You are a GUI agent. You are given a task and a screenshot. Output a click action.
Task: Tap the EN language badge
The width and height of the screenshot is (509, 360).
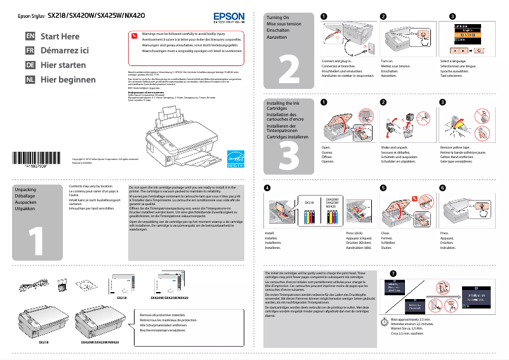tap(30, 37)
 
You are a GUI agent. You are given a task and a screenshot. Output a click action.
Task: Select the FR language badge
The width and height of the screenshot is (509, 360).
tap(30, 51)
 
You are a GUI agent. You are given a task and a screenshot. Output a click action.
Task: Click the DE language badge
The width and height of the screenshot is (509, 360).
tap(30, 65)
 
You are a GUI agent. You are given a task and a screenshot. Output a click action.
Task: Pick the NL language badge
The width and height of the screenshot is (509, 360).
tap(30, 80)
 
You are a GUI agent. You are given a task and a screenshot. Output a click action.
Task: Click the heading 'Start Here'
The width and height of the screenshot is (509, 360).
tap(60, 37)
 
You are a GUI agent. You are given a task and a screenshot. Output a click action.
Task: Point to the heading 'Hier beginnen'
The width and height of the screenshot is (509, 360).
tap(68, 80)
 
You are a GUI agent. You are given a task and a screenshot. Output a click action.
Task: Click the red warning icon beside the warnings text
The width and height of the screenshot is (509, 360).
tap(134, 35)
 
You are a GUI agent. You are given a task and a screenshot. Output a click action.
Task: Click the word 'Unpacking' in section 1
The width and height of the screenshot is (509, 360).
tap(25, 190)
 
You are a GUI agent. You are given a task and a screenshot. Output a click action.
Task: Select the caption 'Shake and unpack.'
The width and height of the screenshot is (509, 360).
tap(394, 147)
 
